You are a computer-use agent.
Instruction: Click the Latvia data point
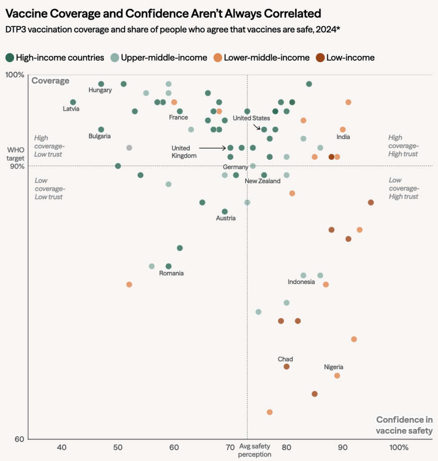[x=73, y=102]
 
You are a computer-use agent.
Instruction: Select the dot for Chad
[x=286, y=366]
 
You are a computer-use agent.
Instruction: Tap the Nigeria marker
[x=337, y=376]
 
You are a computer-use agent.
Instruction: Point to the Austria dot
[x=225, y=212]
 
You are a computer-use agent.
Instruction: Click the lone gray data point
[x=129, y=148]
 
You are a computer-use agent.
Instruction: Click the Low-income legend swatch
[x=320, y=58]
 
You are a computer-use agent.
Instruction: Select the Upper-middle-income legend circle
[x=115, y=58]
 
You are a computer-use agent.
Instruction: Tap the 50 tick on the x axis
[x=118, y=447]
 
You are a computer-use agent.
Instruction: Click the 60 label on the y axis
[x=19, y=439]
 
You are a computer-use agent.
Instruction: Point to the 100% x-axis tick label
[x=398, y=447]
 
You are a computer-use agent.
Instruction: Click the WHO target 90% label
[x=16, y=158]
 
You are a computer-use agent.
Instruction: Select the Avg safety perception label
[x=255, y=450]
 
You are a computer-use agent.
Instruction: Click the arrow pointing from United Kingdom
[x=212, y=148]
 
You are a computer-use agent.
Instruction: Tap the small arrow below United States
[x=257, y=127]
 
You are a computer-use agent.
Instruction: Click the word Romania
[x=171, y=273]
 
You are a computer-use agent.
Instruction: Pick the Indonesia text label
[x=301, y=282]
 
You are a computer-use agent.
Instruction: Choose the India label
[x=343, y=137]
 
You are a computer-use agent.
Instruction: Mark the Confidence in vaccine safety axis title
[x=404, y=425]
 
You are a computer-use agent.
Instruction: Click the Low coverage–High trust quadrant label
[x=404, y=188]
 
